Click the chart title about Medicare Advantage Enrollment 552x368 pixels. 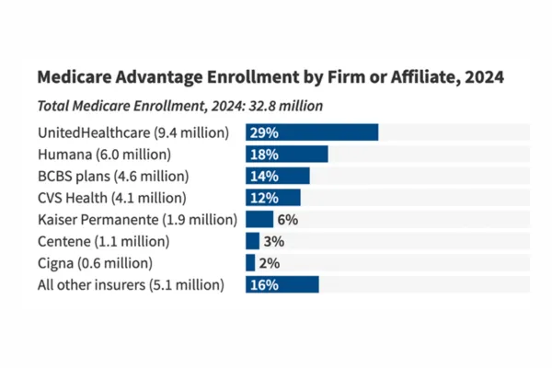[x=270, y=77]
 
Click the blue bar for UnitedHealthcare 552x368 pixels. [x=312, y=132]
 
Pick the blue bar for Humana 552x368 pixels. [x=287, y=154]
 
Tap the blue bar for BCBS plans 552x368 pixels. [x=278, y=176]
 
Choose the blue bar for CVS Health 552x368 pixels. [x=273, y=198]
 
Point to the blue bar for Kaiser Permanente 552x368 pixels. [x=259, y=220]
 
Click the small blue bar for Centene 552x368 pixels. [x=252, y=241]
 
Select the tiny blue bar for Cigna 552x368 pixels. [x=250, y=263]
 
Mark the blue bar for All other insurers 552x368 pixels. [x=282, y=285]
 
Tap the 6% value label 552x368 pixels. [x=287, y=220]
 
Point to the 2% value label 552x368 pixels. [x=269, y=263]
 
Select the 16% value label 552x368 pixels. [x=264, y=285]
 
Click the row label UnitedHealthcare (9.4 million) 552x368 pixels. [x=132, y=132]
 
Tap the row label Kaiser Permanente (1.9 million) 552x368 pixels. [x=137, y=220]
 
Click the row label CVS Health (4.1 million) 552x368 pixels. [x=111, y=198]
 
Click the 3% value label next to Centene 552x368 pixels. [x=273, y=241]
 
